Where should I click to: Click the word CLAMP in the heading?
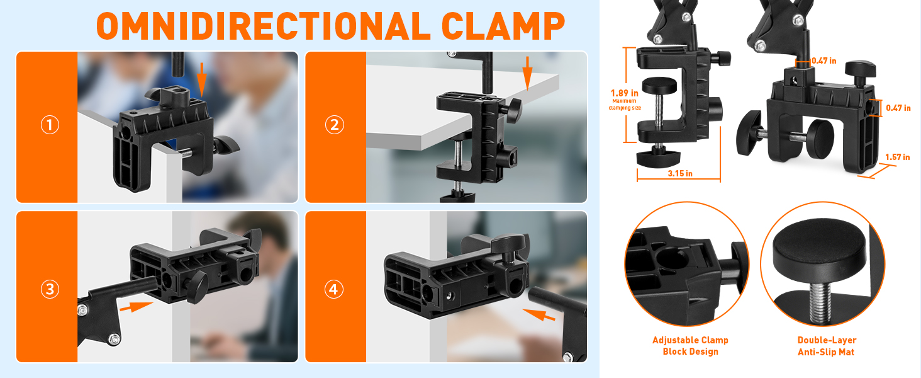(x=503, y=26)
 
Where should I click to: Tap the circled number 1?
(x=50, y=125)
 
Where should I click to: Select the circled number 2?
(x=334, y=125)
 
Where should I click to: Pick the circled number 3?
(x=50, y=289)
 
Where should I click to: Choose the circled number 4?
(x=334, y=289)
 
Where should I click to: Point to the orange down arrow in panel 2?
(x=528, y=72)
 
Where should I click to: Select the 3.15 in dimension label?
(x=679, y=173)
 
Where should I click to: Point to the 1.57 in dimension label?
(x=897, y=157)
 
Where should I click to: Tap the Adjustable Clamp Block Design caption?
(x=690, y=346)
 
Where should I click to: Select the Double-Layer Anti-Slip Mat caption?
(x=826, y=346)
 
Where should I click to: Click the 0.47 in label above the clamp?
(x=823, y=60)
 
